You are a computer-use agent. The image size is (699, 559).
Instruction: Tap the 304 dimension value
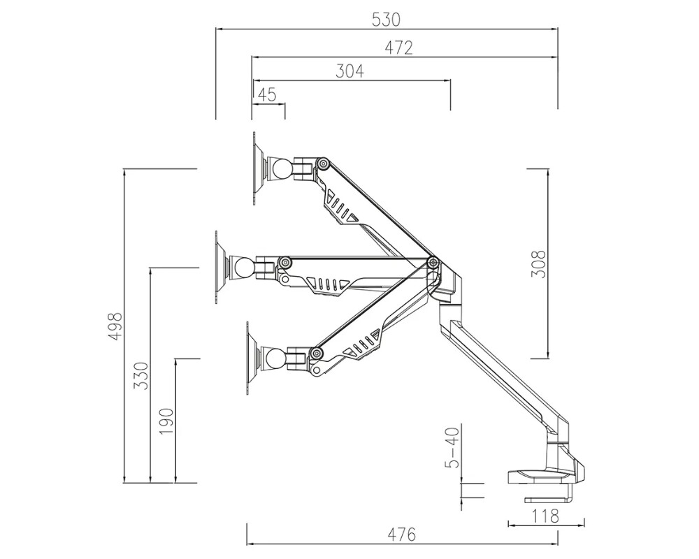[x=350, y=71]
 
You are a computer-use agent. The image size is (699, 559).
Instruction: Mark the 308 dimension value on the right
[x=538, y=263]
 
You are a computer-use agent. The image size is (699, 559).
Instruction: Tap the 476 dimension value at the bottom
[x=402, y=535]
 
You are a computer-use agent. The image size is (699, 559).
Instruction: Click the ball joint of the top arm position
[x=282, y=168]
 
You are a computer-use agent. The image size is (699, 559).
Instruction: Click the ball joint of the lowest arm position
[x=275, y=359]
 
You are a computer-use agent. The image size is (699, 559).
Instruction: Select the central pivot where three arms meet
[x=433, y=263]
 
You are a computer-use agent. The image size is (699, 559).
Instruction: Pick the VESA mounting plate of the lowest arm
[x=250, y=359]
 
